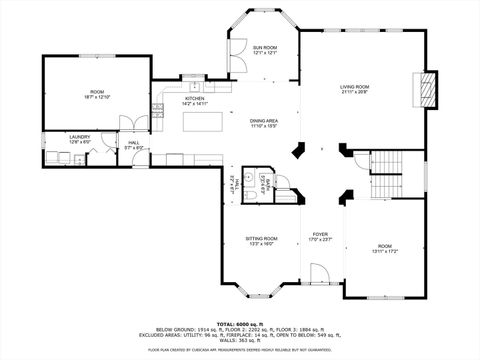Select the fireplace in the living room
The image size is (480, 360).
(430, 89)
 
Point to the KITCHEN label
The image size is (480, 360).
(194, 98)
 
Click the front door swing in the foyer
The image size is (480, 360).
(319, 273)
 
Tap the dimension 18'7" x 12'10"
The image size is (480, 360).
(97, 98)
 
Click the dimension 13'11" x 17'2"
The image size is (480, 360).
(386, 250)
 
